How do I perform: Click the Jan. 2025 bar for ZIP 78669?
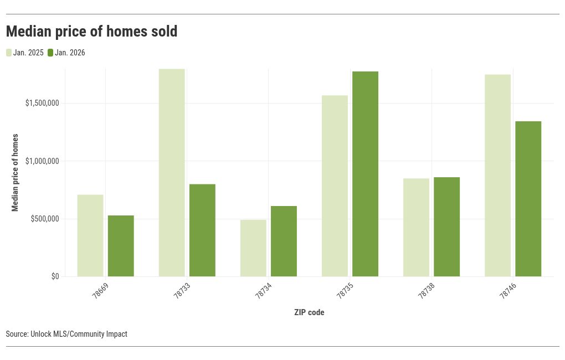pos(90,235)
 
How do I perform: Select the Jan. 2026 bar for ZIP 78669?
pos(121,246)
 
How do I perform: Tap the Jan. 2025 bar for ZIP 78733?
pos(172,172)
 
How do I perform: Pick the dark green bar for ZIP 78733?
pos(202,230)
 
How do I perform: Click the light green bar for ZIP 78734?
pos(253,248)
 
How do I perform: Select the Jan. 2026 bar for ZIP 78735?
pos(365,174)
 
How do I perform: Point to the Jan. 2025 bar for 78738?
pos(416,227)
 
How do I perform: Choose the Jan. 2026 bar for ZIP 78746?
pos(528,199)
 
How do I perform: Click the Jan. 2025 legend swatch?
pos(9,53)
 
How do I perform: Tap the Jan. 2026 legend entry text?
pos(70,53)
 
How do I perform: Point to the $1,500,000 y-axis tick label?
pos(42,104)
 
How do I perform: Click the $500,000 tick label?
pos(44,219)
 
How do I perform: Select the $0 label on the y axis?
pos(54,276)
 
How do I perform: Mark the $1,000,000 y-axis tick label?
pos(42,161)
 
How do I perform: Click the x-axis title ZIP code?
pos(309,312)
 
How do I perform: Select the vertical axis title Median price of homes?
pos(16,172)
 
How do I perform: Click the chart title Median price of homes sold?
pos(91,32)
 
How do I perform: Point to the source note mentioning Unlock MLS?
pos(66,334)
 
